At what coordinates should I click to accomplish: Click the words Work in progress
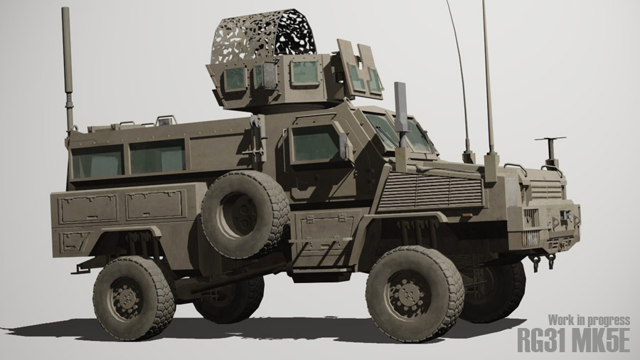[589, 320]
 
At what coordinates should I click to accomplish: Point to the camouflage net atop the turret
[263, 36]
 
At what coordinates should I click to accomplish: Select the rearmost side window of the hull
[97, 162]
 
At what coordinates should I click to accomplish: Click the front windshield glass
[398, 132]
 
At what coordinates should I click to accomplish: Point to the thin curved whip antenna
[459, 71]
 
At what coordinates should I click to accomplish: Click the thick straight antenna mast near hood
[488, 78]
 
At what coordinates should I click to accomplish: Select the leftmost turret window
[235, 78]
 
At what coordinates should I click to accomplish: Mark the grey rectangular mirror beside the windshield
[400, 107]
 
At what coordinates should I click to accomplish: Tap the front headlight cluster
[531, 217]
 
